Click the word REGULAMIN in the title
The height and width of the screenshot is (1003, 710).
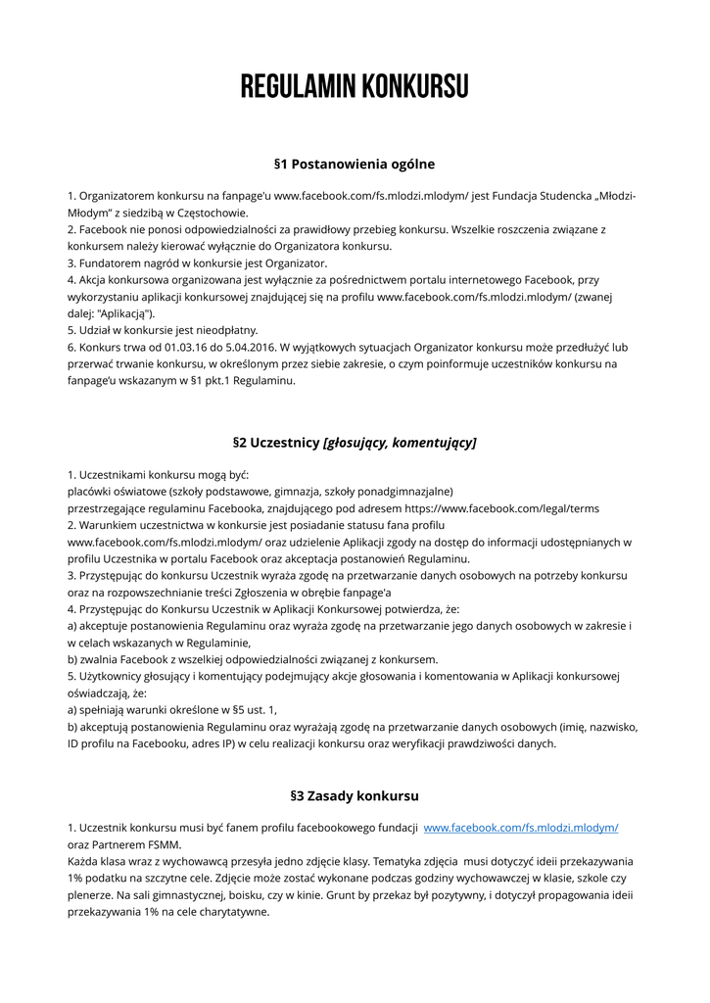(x=298, y=87)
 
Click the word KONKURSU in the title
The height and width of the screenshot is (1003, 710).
(x=414, y=87)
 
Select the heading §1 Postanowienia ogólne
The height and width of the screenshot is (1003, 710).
(x=355, y=164)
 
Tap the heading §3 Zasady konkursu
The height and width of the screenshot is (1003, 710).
(x=355, y=795)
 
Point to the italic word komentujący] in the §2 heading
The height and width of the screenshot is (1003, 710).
(x=434, y=443)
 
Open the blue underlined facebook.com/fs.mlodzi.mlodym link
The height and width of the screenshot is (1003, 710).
(x=521, y=828)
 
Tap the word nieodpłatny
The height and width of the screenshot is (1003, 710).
(x=219, y=330)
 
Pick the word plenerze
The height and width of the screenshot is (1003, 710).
(x=90, y=894)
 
